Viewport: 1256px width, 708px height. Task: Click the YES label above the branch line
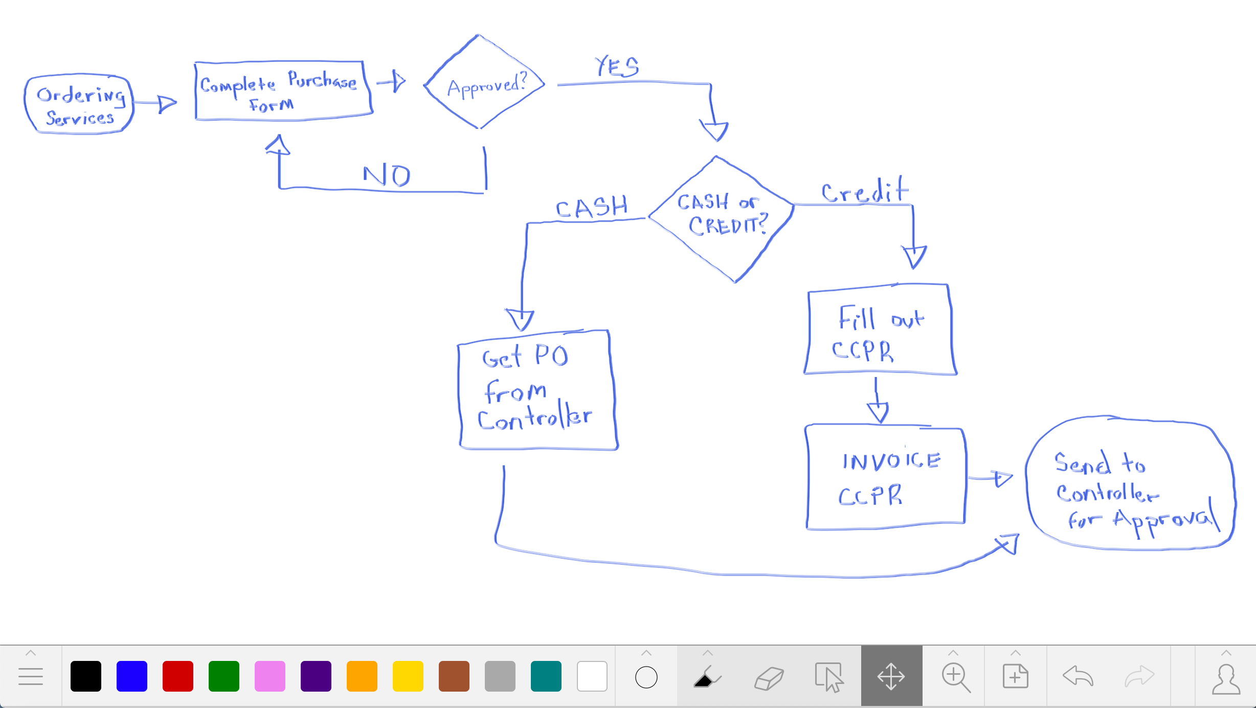click(x=617, y=67)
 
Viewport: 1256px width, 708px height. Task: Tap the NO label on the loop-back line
click(x=387, y=175)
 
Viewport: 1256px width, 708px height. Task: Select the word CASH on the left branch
click(x=592, y=207)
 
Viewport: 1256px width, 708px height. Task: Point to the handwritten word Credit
click(x=865, y=191)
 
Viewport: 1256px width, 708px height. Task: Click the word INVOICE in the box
click(x=891, y=461)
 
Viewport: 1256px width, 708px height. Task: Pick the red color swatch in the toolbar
click(x=178, y=676)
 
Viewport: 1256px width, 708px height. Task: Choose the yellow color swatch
click(x=408, y=676)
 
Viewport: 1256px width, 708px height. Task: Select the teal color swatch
click(x=546, y=676)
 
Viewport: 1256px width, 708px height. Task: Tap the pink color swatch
click(x=270, y=676)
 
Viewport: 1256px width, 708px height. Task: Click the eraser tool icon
click(x=769, y=678)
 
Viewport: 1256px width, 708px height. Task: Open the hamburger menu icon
click(x=31, y=676)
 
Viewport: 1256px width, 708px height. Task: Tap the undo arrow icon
click(x=1078, y=676)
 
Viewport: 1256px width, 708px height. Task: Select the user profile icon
click(x=1226, y=679)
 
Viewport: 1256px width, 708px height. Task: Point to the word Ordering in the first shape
click(x=81, y=95)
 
